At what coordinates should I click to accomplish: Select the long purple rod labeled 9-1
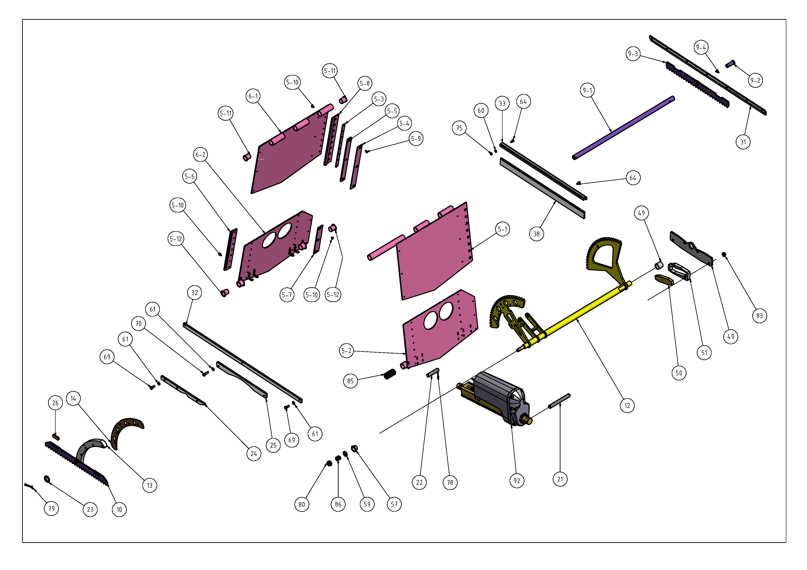(623, 128)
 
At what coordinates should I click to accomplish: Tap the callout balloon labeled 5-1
(502, 229)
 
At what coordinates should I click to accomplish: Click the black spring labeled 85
(389, 374)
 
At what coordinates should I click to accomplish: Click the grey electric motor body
(499, 397)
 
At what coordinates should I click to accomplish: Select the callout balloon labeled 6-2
(200, 154)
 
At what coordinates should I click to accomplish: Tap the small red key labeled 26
(56, 437)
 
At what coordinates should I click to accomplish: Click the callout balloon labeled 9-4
(701, 47)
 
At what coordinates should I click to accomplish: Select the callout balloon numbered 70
(138, 323)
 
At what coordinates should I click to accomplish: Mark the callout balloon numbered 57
(394, 504)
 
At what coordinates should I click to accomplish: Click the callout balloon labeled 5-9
(416, 138)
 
